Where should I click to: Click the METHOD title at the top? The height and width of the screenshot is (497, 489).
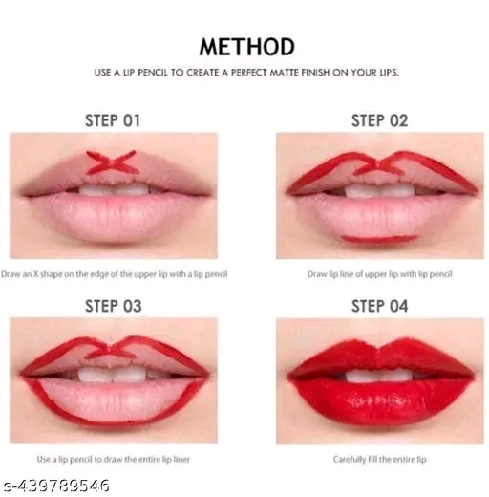tap(246, 46)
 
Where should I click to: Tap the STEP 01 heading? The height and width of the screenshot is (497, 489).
tap(113, 120)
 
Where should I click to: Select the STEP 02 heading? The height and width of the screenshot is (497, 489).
tap(379, 120)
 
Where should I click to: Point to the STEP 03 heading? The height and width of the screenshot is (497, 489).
tap(113, 306)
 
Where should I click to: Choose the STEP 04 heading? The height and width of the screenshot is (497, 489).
tap(379, 306)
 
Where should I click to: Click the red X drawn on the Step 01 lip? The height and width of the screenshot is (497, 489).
tap(113, 162)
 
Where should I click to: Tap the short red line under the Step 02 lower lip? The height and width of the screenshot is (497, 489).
tap(379, 238)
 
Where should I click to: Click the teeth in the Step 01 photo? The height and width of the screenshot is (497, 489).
tap(113, 190)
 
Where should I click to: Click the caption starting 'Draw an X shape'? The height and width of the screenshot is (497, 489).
tap(115, 274)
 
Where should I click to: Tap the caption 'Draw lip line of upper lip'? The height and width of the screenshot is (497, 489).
tap(379, 274)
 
